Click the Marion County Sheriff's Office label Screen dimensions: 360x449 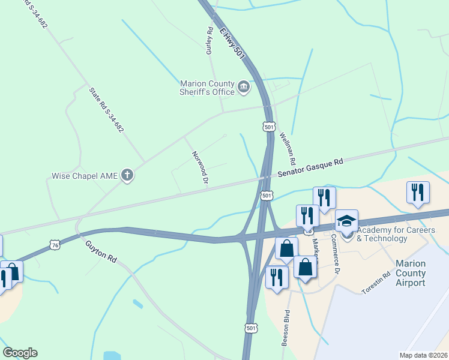coord(207,88)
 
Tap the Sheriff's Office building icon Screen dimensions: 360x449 coord(244,88)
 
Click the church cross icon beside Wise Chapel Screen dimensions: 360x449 coord(127,176)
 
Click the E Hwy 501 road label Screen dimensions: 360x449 coord(233,42)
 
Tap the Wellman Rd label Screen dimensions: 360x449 coord(288,149)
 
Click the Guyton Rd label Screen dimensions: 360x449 coord(101,251)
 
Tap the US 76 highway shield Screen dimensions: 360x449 coord(55,245)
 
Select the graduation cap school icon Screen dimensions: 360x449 coord(346,221)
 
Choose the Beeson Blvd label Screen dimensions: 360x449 coord(286,328)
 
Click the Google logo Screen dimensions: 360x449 coord(20,353)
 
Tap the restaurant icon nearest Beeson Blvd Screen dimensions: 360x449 coord(277,277)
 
